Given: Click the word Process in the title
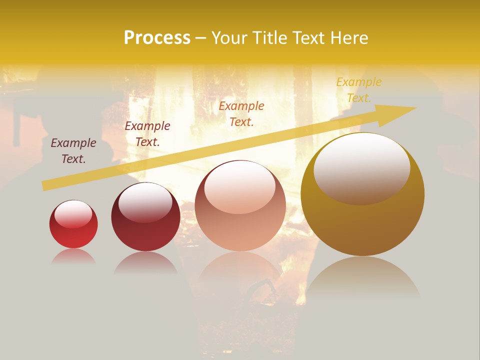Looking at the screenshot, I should point(157,38).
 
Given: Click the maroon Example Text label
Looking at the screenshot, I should point(73,151).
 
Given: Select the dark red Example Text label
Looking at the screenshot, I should point(147,134).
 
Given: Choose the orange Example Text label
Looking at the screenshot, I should point(241,113).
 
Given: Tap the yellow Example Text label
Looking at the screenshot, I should point(359,90).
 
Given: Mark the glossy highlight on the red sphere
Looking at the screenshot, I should point(73,214).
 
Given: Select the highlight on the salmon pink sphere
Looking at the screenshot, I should point(240,187).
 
